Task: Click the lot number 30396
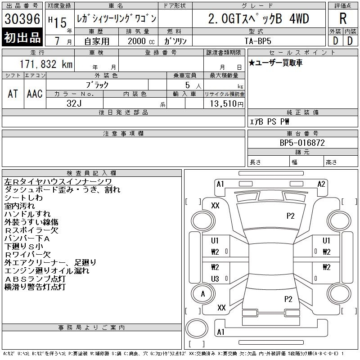point(22,19)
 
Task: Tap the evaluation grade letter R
point(343,19)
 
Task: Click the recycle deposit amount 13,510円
point(224,103)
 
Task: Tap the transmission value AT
point(13,94)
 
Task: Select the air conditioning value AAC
point(34,94)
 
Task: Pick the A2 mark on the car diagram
point(321,184)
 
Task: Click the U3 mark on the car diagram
point(215,279)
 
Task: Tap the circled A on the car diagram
point(203,294)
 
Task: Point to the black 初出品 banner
point(22,37)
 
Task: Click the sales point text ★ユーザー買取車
point(276,63)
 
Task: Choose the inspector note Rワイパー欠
point(27,255)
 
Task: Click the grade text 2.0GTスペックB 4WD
point(258,18)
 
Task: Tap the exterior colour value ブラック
point(98,85)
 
